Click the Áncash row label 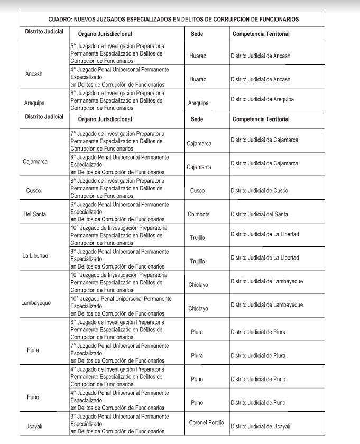tap(34, 73)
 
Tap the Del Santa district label tap(35, 214)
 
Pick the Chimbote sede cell tap(199, 214)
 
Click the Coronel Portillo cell tap(206, 423)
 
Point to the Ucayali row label tap(34, 426)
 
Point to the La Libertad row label tap(35, 256)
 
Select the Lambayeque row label tap(36, 303)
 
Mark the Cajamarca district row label tap(35, 161)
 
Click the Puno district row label tap(33, 397)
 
